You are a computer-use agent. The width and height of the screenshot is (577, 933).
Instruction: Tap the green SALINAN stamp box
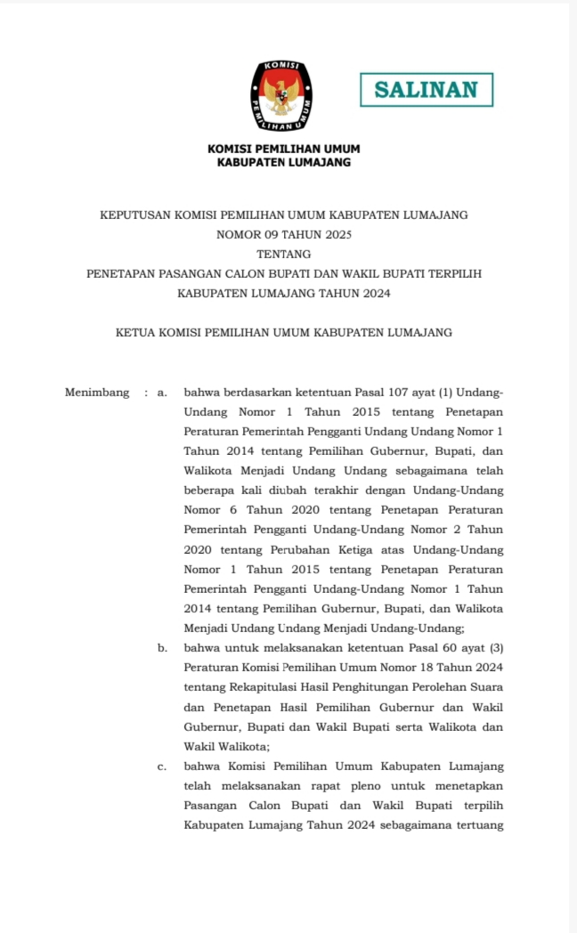pos(427,90)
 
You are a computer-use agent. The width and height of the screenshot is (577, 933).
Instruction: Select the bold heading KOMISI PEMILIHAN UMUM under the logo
pos(284,149)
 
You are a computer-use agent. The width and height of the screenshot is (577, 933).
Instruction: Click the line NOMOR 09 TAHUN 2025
pos(284,235)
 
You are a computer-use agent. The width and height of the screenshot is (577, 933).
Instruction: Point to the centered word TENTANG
pos(284,255)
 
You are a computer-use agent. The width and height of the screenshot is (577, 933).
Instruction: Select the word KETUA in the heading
pos(135,333)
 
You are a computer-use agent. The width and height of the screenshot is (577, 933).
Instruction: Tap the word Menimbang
pos(97,393)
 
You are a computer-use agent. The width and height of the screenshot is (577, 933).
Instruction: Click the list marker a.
pos(162,393)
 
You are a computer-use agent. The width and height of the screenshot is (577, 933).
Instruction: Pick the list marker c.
pos(162,767)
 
